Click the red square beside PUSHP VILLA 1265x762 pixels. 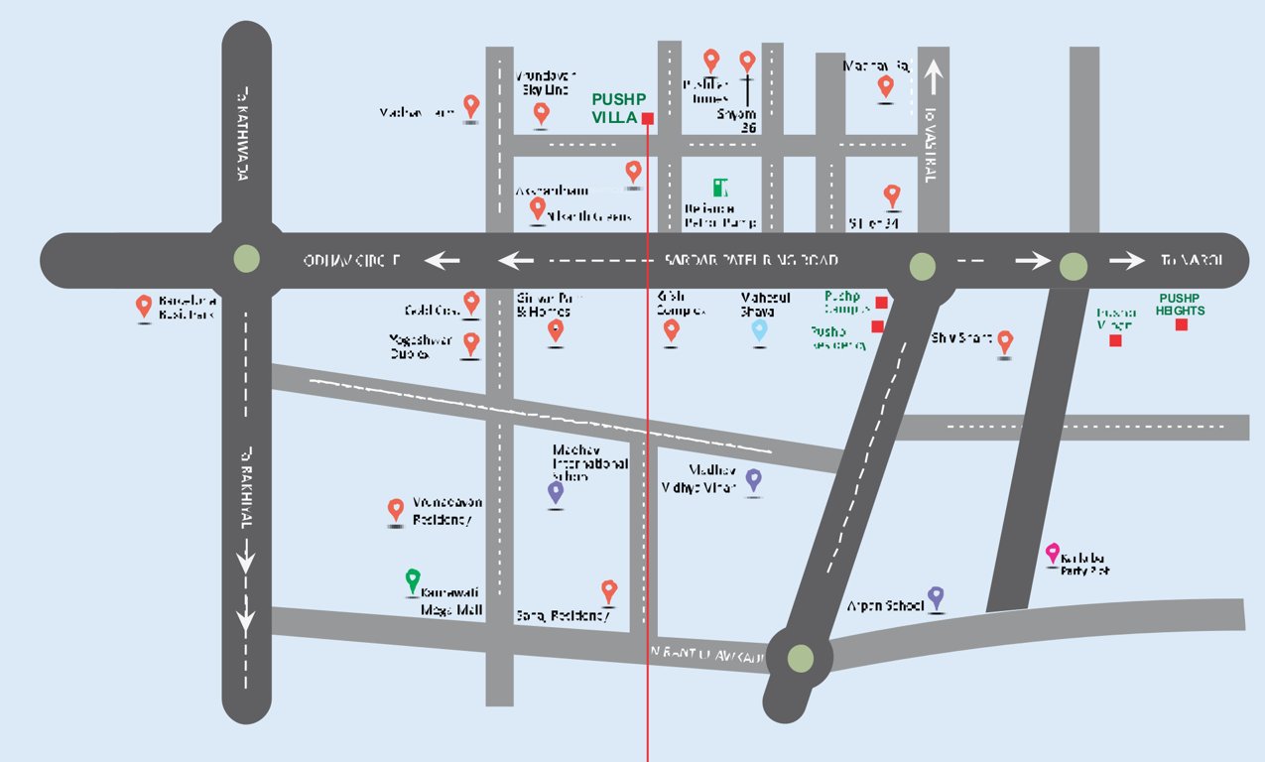tap(648, 119)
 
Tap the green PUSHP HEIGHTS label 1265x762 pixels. tap(1181, 304)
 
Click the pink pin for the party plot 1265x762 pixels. tap(1053, 553)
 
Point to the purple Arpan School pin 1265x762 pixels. tap(935, 598)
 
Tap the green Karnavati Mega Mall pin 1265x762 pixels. tap(413, 580)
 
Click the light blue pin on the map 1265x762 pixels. tap(759, 330)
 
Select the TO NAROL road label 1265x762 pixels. tap(1192, 260)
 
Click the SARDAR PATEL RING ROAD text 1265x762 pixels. tap(751, 260)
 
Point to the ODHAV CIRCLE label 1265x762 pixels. tap(352, 261)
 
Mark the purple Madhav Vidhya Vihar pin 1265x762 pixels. tap(753, 480)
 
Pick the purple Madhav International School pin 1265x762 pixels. tap(556, 491)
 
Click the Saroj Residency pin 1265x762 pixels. tap(609, 591)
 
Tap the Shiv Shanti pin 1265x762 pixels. tap(1005, 342)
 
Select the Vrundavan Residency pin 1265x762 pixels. tap(396, 510)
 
